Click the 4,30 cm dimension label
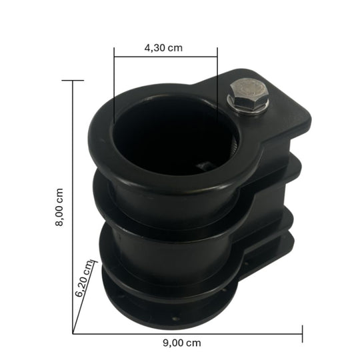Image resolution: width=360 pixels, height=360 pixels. [163, 48]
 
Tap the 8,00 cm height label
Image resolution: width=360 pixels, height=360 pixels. [59, 207]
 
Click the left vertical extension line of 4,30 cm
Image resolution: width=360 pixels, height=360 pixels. [114, 87]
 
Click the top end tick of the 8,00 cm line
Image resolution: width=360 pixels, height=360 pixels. [73, 80]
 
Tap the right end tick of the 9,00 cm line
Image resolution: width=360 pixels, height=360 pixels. [303, 332]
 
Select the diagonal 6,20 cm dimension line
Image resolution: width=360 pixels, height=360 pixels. [86, 297]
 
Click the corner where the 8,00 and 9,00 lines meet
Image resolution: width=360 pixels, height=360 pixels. [73, 332]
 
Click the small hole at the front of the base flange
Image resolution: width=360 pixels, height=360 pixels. [175, 319]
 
